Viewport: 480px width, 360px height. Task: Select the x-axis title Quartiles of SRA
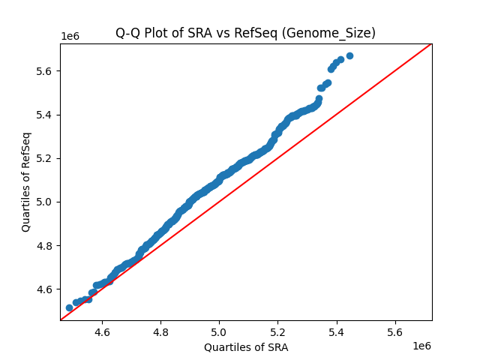pos(246,347)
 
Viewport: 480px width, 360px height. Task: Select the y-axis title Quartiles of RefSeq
pos(26,181)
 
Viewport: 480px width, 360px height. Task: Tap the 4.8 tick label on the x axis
pos(160,331)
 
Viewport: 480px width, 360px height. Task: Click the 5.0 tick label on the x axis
pos(219,331)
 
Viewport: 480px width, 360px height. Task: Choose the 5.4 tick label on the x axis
pos(337,331)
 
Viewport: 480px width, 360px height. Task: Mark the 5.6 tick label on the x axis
pos(395,331)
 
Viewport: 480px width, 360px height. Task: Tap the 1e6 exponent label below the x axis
pos(421,346)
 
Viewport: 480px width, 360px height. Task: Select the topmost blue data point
pos(349,56)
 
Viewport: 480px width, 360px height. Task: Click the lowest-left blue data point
pos(69,307)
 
